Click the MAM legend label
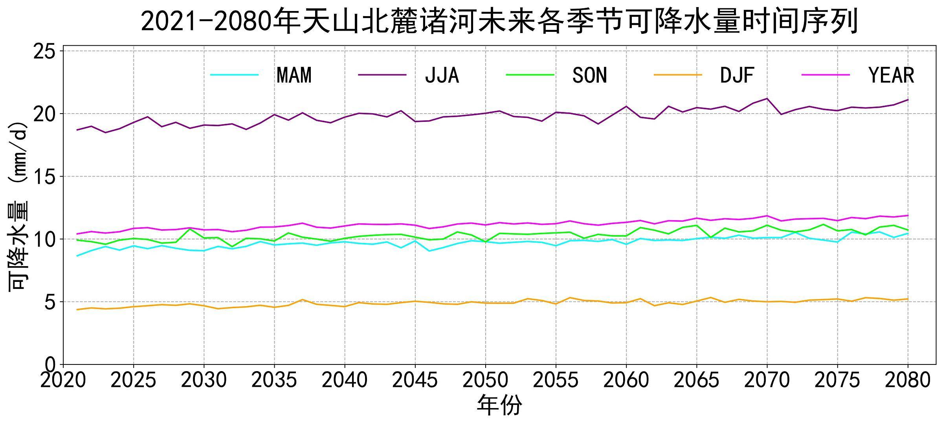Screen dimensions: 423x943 294,75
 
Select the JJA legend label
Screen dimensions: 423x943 442,75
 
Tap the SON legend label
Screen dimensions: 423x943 590,75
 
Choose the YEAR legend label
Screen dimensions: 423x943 892,75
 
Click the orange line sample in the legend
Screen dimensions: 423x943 678,75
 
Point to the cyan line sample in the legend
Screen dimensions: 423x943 235,75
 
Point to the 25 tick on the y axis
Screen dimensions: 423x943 44,51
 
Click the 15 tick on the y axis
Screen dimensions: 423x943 44,177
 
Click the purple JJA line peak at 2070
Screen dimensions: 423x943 767,99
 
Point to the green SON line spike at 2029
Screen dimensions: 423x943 190,229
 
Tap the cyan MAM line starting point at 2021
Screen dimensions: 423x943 77,256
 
